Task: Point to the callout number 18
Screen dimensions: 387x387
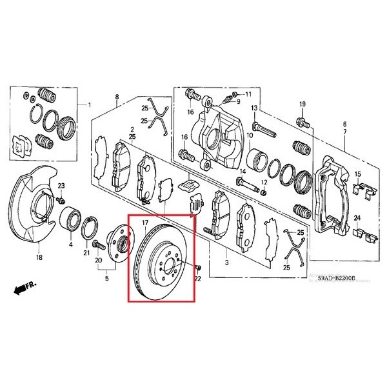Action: tap(39, 258)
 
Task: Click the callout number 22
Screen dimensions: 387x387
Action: tap(198, 278)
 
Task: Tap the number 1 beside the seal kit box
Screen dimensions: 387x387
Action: tap(90, 104)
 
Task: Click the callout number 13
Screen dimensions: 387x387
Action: tap(254, 107)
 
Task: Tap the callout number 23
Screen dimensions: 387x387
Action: tap(63, 186)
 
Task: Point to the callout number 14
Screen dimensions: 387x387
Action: tap(242, 172)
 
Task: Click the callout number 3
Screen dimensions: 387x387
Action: tap(226, 264)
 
